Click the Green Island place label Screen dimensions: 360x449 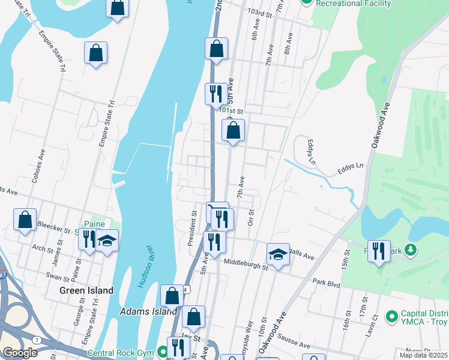click(x=86, y=290)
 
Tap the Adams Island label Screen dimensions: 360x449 click(x=149, y=311)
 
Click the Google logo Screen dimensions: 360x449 click(x=20, y=353)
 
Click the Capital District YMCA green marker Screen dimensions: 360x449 click(x=392, y=316)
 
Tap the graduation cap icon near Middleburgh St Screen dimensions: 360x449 click(x=279, y=254)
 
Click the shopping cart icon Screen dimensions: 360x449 click(x=217, y=211)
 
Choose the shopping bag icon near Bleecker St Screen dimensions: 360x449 click(x=25, y=220)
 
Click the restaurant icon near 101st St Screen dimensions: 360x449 click(x=216, y=94)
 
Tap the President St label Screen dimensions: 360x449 click(x=193, y=228)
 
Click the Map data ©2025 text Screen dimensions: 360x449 click(x=424, y=355)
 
